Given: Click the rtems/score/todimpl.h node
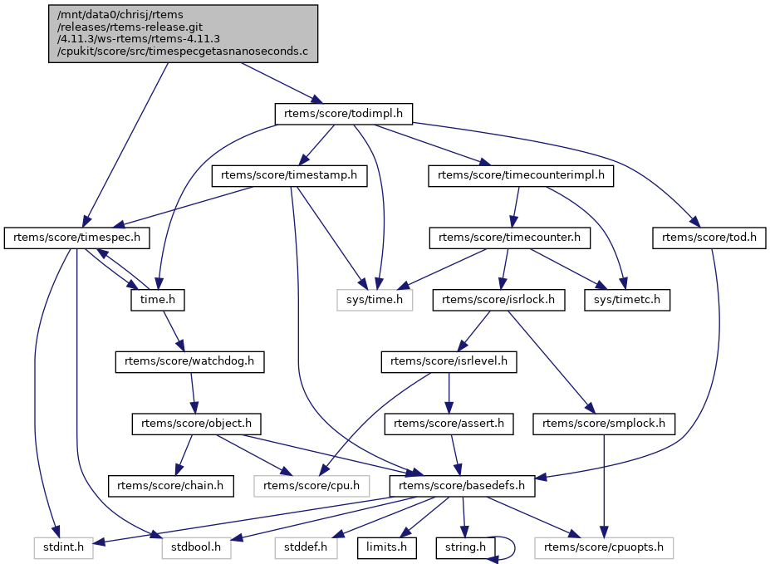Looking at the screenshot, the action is tap(343, 114).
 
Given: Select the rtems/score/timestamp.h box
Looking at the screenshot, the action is tap(289, 176).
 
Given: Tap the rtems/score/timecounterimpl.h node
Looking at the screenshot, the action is tap(521, 176).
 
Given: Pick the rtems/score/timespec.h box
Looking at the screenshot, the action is tap(76, 238).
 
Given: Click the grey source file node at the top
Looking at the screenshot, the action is tap(184, 34).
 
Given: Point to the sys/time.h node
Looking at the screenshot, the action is tap(375, 300).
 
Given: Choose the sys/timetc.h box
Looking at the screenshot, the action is tap(627, 300).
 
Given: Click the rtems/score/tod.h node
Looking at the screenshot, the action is tap(709, 238).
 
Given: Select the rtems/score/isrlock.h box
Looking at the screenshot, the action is tap(498, 300).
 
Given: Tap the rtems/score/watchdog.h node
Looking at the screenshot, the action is tap(189, 362).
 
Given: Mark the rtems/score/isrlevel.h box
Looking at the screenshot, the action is tap(449, 362).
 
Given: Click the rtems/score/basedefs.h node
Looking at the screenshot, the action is tap(462, 486).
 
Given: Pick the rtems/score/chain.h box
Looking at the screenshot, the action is tap(170, 486).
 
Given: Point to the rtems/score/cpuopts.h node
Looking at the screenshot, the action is tap(604, 547).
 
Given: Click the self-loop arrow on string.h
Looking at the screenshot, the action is tap(514, 547).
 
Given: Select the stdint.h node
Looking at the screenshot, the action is tap(64, 547).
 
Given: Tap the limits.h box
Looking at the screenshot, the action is tap(387, 547).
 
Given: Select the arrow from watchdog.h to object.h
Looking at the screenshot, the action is tap(192, 393).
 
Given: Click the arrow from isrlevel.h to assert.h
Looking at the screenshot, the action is tap(449, 393).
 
